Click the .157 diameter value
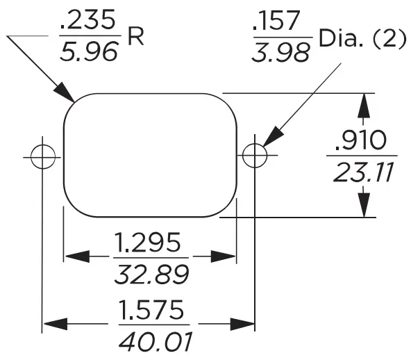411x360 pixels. point(281,23)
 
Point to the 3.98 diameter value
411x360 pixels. point(281,52)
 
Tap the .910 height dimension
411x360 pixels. point(360,140)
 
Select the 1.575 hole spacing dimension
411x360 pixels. point(151,310)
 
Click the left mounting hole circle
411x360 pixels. point(43,156)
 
